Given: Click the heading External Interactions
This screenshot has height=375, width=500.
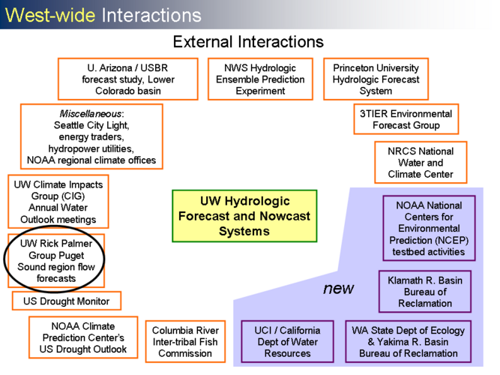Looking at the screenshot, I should (248, 42).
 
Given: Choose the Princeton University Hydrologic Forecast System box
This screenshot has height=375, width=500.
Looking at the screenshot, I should (376, 79).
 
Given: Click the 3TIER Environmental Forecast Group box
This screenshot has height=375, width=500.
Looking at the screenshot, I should (406, 119).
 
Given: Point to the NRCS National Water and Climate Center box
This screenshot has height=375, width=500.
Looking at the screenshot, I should (421, 163).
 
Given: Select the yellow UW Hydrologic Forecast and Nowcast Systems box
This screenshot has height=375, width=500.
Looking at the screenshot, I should (244, 217).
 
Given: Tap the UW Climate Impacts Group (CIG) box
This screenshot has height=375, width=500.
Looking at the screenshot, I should (58, 202).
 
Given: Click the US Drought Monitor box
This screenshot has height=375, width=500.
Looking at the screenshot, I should (67, 301).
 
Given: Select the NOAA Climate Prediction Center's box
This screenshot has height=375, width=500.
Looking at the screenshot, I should (83, 338).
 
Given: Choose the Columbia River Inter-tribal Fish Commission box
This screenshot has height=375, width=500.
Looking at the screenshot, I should (185, 342).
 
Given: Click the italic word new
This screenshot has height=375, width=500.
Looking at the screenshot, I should (338, 289).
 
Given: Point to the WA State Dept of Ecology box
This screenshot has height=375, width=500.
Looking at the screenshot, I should (408, 342).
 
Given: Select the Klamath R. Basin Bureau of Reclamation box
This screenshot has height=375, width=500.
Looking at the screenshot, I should (424, 292).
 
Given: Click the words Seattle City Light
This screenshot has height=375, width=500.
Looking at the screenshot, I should (91, 126).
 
